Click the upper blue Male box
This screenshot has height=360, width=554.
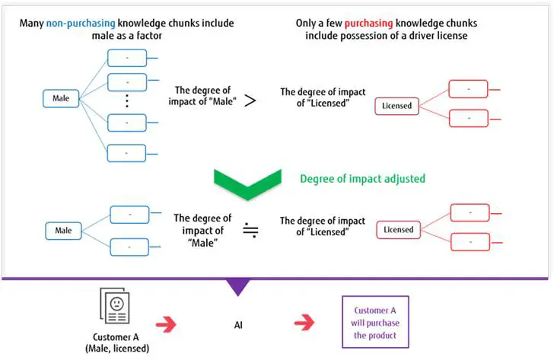point(61,97)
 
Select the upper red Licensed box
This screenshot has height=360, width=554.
point(396,105)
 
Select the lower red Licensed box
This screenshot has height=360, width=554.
point(398,229)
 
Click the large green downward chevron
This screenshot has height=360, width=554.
point(247,183)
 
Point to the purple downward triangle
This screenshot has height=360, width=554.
point(237,286)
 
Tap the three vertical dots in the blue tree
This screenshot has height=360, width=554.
point(127,100)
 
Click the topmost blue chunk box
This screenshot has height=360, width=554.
point(127,58)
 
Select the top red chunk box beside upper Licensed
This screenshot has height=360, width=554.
point(468,90)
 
